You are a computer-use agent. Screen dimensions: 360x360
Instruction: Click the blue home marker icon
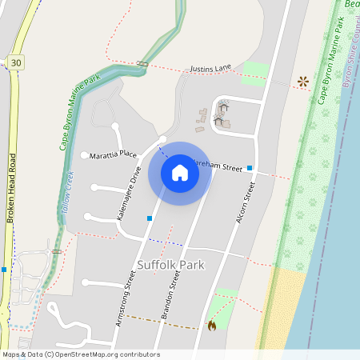pos(180,173)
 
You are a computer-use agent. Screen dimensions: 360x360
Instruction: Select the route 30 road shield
pos(16,62)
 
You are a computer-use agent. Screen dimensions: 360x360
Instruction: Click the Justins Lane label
pos(211,70)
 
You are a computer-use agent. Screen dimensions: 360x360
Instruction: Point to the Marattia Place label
pos(113,154)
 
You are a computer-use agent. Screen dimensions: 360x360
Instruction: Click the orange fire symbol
pos(211,326)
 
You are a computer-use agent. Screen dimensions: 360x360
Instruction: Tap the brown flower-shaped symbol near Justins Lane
pos(303,81)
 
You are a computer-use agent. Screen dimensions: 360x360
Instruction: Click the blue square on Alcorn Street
pos(250,168)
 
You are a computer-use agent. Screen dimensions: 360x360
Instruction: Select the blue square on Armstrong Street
pos(150,218)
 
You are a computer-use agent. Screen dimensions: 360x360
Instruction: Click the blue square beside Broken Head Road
pos(4,270)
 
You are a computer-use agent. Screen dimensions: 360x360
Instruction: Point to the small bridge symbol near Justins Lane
pos(142,63)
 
